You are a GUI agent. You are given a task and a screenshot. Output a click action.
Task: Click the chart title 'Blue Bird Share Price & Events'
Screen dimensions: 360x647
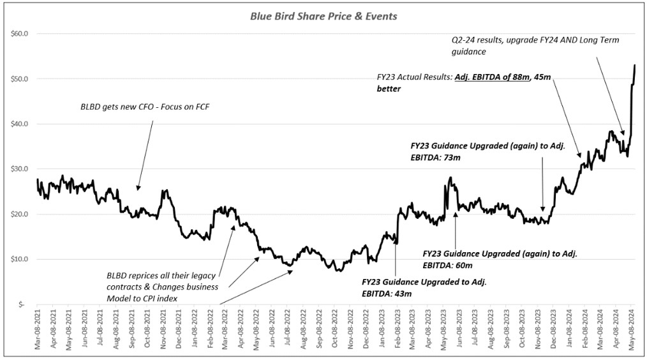323,16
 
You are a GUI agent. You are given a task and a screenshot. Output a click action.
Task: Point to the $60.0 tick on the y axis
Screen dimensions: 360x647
19,33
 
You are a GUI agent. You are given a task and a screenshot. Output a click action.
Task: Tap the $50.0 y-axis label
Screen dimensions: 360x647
19,79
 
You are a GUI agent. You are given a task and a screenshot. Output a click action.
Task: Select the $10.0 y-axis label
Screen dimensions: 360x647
19,259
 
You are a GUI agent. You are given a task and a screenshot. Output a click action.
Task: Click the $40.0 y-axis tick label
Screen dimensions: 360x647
19,124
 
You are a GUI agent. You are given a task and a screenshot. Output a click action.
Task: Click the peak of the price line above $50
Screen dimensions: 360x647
635,65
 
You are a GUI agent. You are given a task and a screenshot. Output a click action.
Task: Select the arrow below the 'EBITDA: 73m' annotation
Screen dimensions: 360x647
542,185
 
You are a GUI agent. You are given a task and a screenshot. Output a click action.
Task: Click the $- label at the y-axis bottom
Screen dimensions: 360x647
22,304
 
